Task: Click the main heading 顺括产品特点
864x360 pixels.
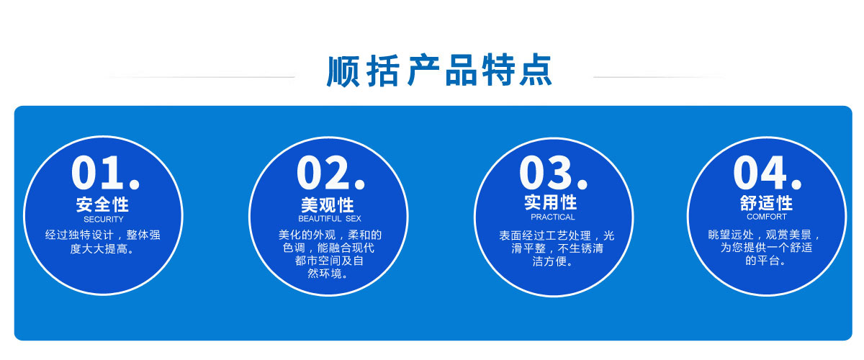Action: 439,71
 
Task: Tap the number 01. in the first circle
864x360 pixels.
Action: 106,173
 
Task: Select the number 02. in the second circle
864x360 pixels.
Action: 331,173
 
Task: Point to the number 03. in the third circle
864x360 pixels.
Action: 554,173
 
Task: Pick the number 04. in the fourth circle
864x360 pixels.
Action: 768,173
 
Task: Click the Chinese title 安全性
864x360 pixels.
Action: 102,204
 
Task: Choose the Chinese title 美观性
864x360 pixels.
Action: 328,205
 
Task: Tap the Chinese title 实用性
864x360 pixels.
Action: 550,202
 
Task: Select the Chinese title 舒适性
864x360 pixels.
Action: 766,203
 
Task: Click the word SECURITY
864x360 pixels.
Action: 104,220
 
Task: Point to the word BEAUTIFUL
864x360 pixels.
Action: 320,219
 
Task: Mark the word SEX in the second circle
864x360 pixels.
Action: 354,219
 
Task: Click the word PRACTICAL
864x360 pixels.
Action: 553,217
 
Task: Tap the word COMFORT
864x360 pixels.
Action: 766,217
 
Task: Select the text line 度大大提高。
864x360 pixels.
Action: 102,249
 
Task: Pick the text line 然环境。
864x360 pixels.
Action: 328,274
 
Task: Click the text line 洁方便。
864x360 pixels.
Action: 553,261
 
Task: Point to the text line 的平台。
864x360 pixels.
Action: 765,261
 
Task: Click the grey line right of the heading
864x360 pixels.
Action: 660,77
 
